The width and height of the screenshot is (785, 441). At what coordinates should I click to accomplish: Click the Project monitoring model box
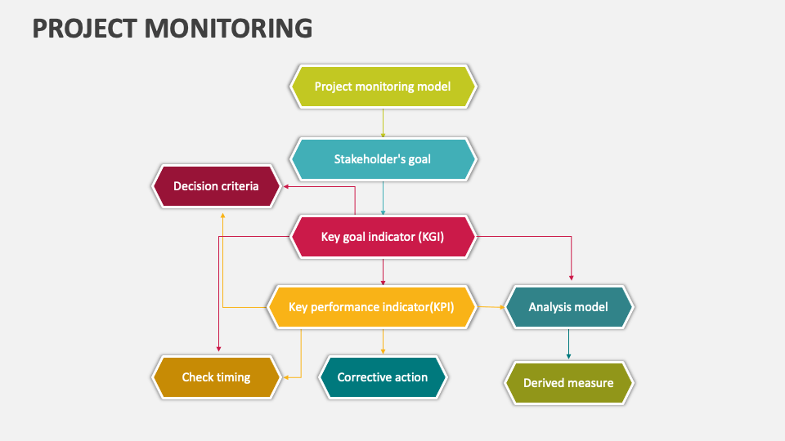(x=382, y=87)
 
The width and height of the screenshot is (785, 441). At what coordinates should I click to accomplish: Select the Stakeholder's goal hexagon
(x=382, y=159)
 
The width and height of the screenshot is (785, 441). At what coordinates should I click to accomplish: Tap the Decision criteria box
(x=216, y=186)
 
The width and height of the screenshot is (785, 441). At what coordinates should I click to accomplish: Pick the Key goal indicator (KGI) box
(x=382, y=237)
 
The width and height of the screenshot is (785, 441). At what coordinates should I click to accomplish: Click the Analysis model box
(x=568, y=307)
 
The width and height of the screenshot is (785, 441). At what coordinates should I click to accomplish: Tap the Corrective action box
(x=382, y=377)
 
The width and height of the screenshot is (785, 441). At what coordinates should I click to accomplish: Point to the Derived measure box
(x=568, y=382)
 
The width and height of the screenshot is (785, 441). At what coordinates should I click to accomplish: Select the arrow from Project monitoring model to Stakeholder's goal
(x=383, y=122)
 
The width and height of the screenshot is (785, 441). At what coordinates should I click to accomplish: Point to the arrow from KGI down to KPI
(x=383, y=272)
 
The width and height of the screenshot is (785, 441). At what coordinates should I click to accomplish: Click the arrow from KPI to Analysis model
(x=491, y=307)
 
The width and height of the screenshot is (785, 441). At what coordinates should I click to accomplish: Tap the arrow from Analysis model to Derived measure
(x=568, y=344)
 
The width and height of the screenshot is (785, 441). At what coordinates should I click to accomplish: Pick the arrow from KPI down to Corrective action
(x=383, y=341)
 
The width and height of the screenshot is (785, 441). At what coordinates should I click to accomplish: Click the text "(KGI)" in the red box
(x=429, y=237)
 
